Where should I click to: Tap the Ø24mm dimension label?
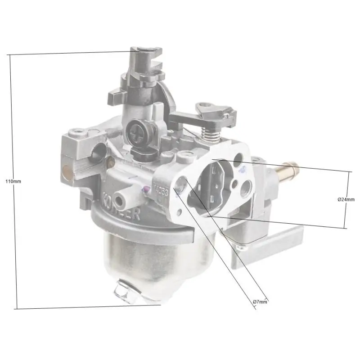(346, 199)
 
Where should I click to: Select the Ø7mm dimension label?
(260, 301)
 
